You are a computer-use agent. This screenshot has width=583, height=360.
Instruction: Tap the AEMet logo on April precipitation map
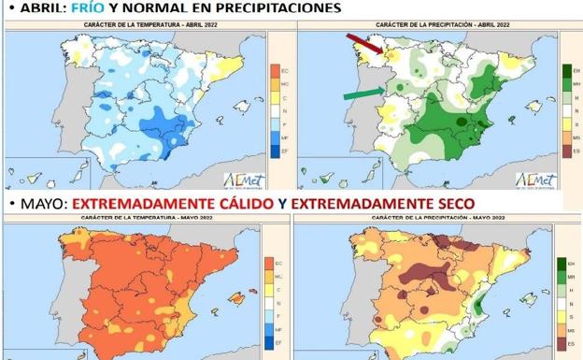click(x=535, y=178)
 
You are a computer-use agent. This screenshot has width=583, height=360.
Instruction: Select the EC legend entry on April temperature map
click(x=274, y=72)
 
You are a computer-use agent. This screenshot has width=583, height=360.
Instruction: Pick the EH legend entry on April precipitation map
click(x=565, y=72)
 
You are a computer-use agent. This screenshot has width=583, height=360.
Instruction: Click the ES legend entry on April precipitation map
click(x=565, y=150)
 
